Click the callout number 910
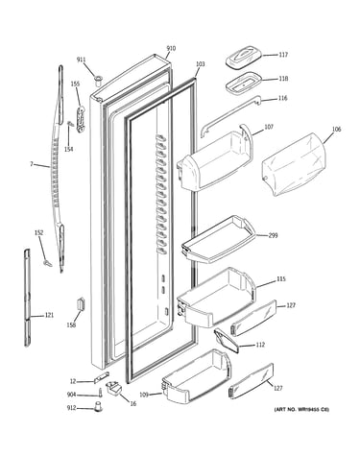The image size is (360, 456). pos(171,49)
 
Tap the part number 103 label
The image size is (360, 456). pos(200,64)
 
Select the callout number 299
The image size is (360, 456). pos(273,235)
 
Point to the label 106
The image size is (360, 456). pos(336,130)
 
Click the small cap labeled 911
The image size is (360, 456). pos(98,79)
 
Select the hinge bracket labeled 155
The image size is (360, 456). pos(81,119)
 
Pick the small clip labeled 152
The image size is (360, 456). pos(47,263)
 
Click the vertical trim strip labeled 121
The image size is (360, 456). pos(28,298)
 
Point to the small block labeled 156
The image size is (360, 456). pos(80,303)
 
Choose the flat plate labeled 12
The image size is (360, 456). pos(101,377)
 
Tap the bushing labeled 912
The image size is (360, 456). pos(98,406)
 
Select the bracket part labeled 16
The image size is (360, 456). pos(114,388)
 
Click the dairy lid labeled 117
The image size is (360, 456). pos(244,58)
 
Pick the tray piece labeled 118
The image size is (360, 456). pos(244,83)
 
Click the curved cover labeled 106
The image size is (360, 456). pos(294,163)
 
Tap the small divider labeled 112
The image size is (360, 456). pos(227,341)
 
